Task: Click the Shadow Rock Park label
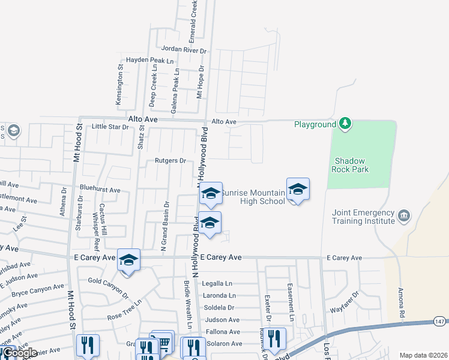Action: pyautogui.click(x=351, y=165)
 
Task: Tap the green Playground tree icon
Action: pyautogui.click(x=345, y=124)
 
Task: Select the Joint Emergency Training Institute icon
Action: pyautogui.click(x=404, y=215)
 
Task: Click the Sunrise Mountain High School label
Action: pyautogui.click(x=253, y=197)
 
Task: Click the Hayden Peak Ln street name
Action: pyautogui.click(x=149, y=61)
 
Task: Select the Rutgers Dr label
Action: pyautogui.click(x=170, y=161)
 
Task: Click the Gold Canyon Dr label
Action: pyautogui.click(x=109, y=287)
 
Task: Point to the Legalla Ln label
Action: pyautogui.click(x=217, y=283)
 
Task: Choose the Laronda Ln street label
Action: pyautogui.click(x=220, y=296)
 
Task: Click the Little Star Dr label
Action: pyautogui.click(x=110, y=127)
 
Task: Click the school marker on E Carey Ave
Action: pyautogui.click(x=128, y=260)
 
